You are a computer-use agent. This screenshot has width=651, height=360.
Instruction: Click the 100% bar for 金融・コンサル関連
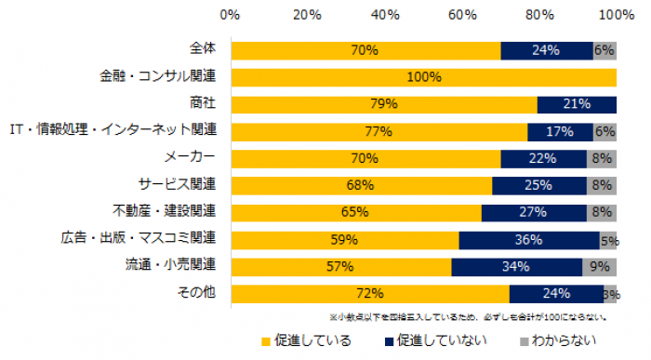click(423, 77)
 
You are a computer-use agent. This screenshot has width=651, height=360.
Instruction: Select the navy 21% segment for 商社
click(577, 104)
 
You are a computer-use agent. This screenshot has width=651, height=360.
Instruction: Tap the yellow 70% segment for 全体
click(365, 50)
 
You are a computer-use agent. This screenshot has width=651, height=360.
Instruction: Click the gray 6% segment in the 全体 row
click(604, 50)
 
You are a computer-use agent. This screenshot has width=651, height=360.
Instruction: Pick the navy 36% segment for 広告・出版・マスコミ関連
click(529, 240)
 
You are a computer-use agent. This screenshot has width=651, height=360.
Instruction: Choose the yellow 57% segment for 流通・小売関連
click(340, 267)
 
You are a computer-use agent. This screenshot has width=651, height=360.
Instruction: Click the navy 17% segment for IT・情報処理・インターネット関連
click(560, 131)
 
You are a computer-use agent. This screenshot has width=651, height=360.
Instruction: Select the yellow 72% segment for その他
click(369, 294)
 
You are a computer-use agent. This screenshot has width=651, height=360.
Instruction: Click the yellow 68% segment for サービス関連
click(361, 185)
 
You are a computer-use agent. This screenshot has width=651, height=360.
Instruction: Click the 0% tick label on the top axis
click(231, 15)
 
